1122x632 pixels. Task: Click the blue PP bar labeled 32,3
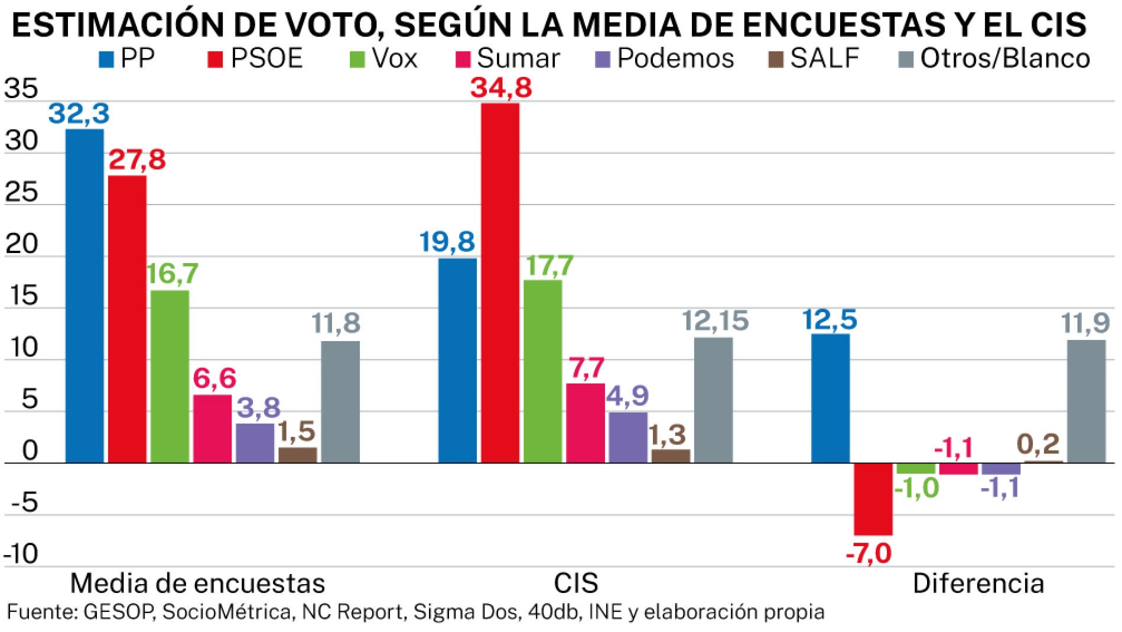(x=84, y=296)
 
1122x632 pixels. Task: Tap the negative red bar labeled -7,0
(x=873, y=499)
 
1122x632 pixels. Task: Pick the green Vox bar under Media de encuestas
(x=170, y=376)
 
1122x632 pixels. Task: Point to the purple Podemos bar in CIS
(x=628, y=437)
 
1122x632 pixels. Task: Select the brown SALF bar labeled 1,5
(x=298, y=455)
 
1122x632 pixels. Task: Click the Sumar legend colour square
(x=463, y=59)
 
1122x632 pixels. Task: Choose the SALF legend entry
(x=824, y=59)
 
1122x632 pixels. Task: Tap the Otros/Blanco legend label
(x=1005, y=59)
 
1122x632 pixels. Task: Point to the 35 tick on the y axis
(x=21, y=89)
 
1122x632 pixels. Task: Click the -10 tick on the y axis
(x=21, y=555)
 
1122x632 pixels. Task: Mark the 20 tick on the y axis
(x=21, y=244)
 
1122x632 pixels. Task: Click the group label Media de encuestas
(x=197, y=583)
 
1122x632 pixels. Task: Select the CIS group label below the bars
(x=575, y=583)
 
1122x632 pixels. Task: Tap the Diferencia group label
(x=978, y=583)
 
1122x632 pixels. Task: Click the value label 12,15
(x=715, y=322)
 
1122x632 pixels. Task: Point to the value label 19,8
(x=447, y=242)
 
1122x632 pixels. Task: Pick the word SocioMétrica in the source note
(x=227, y=612)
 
